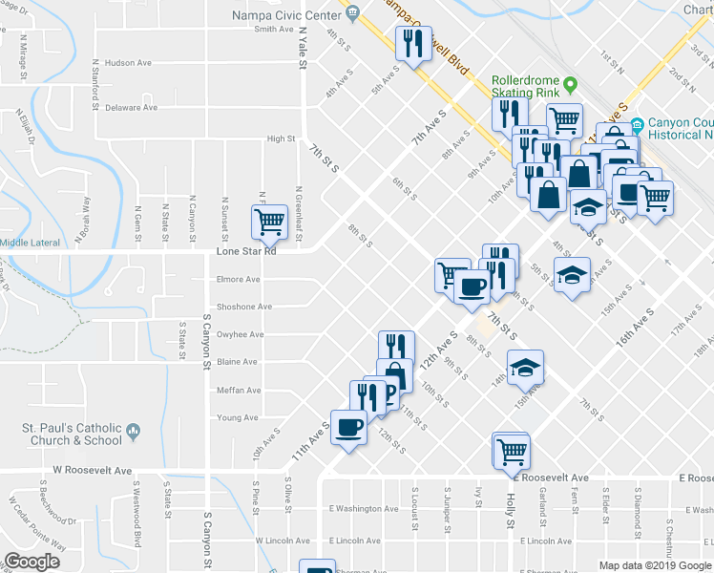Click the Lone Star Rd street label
click(x=245, y=252)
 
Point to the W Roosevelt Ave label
click(x=92, y=470)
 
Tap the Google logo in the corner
click(x=31, y=562)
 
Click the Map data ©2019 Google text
click(x=655, y=565)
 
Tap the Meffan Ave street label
click(x=239, y=390)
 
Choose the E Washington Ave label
click(x=363, y=509)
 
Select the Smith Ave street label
click(x=273, y=29)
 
